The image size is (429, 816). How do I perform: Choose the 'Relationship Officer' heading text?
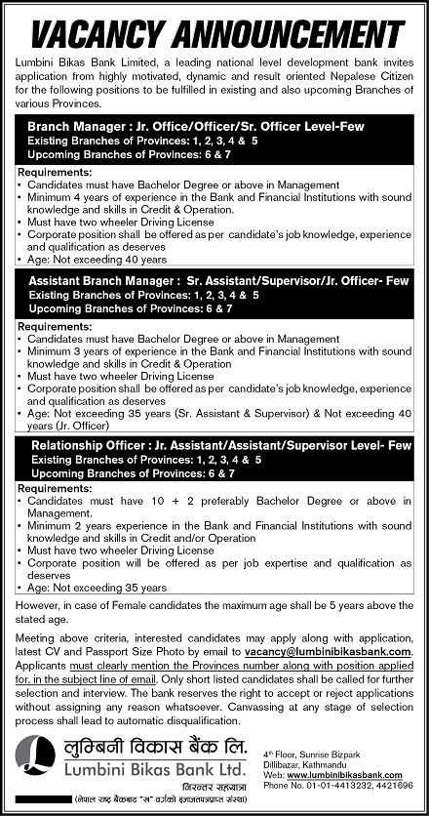tap(86, 444)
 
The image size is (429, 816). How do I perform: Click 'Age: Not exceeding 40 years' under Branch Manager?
tap(97, 260)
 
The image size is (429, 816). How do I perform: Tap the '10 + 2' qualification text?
tap(176, 499)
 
